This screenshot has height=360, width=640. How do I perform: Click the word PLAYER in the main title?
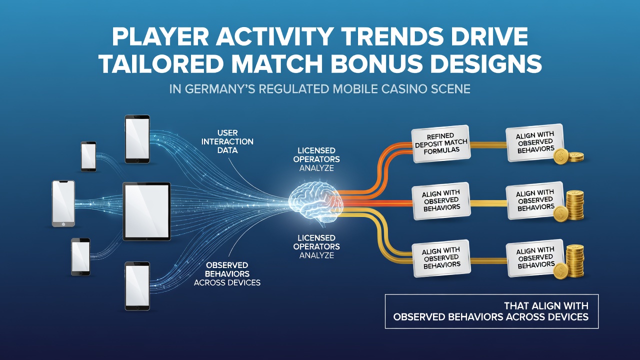pyautogui.click(x=160, y=36)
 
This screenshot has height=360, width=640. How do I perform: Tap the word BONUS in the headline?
pyautogui.click(x=376, y=63)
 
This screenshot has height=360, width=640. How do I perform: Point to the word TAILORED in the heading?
pyautogui.click(x=161, y=63)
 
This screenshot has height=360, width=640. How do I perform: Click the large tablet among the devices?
pyautogui.click(x=146, y=211)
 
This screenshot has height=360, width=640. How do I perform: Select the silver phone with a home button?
pyautogui.click(x=63, y=203)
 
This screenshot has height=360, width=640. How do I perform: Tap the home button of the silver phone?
pyautogui.click(x=63, y=223)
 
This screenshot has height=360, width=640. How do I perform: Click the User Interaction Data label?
pyautogui.click(x=227, y=141)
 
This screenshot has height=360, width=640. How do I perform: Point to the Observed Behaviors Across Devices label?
pyautogui.click(x=227, y=274)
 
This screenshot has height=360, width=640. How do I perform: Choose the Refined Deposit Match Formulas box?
pyautogui.click(x=441, y=143)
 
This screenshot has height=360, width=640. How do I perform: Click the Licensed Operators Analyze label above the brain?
pyautogui.click(x=316, y=159)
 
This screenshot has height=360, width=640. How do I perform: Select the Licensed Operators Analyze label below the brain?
pyautogui.click(x=316, y=246)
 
